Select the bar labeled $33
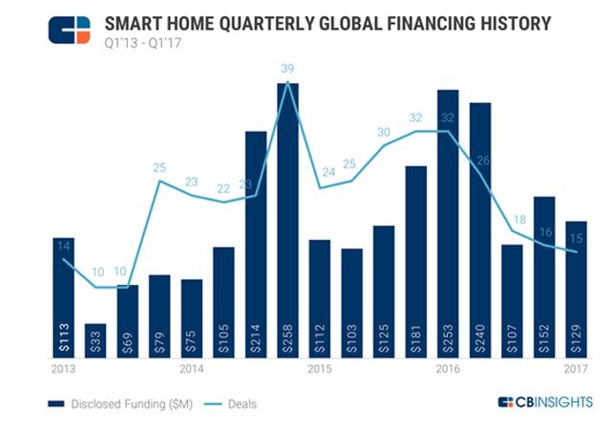click(x=95, y=340)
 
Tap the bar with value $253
click(x=448, y=224)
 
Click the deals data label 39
click(x=287, y=68)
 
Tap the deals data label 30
click(x=384, y=132)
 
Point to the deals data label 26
click(x=482, y=160)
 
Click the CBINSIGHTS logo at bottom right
click(x=544, y=402)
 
